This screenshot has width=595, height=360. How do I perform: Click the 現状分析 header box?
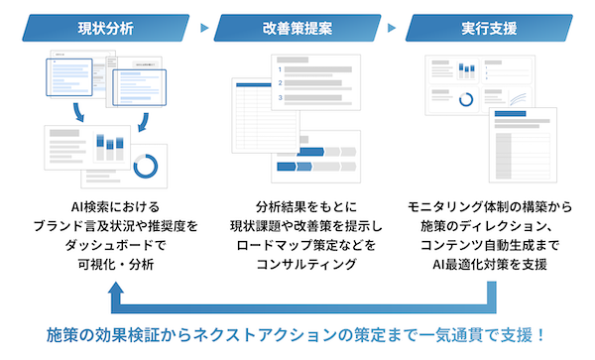104,27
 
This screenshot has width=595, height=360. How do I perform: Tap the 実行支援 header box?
489,27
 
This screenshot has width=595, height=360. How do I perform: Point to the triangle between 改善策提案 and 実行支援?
394,27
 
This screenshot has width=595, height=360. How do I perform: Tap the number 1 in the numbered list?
283,70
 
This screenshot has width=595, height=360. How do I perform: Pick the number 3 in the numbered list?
283,97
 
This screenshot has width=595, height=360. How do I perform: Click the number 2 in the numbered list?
283,84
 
